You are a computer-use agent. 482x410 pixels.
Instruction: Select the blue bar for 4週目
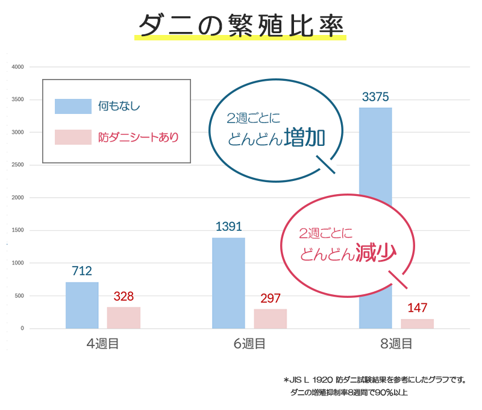[82, 305]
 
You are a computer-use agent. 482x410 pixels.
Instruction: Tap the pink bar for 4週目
[124, 318]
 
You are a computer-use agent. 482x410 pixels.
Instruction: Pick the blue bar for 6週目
[228, 283]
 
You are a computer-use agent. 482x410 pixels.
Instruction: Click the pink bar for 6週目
[270, 318]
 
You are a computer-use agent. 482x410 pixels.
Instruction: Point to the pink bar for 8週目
[417, 324]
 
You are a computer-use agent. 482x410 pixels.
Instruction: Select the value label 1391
[228, 227]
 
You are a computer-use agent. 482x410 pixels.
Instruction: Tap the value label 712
[82, 271]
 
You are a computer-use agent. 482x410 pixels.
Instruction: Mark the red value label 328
[124, 296]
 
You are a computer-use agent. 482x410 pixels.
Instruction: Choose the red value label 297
[271, 298]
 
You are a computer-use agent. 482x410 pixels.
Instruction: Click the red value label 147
[417, 307]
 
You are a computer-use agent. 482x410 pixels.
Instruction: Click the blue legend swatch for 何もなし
[73, 106]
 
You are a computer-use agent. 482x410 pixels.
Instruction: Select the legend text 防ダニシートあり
[139, 137]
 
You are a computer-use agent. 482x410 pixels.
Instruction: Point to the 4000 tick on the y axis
[17, 67]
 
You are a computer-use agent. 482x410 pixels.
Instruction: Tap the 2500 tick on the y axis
[17, 165]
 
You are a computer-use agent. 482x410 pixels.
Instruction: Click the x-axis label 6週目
[249, 344]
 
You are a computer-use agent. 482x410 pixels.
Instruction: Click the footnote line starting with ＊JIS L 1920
[374, 380]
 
